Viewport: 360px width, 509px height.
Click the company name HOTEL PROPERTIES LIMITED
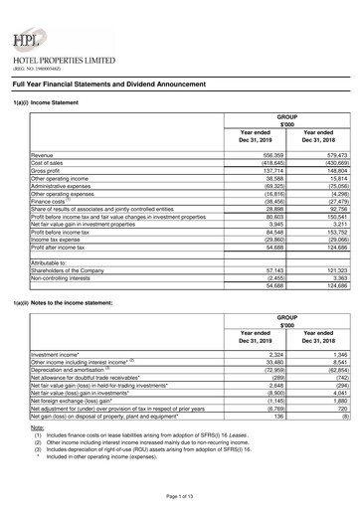(64, 61)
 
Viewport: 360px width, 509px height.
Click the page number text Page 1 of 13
(180, 494)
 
